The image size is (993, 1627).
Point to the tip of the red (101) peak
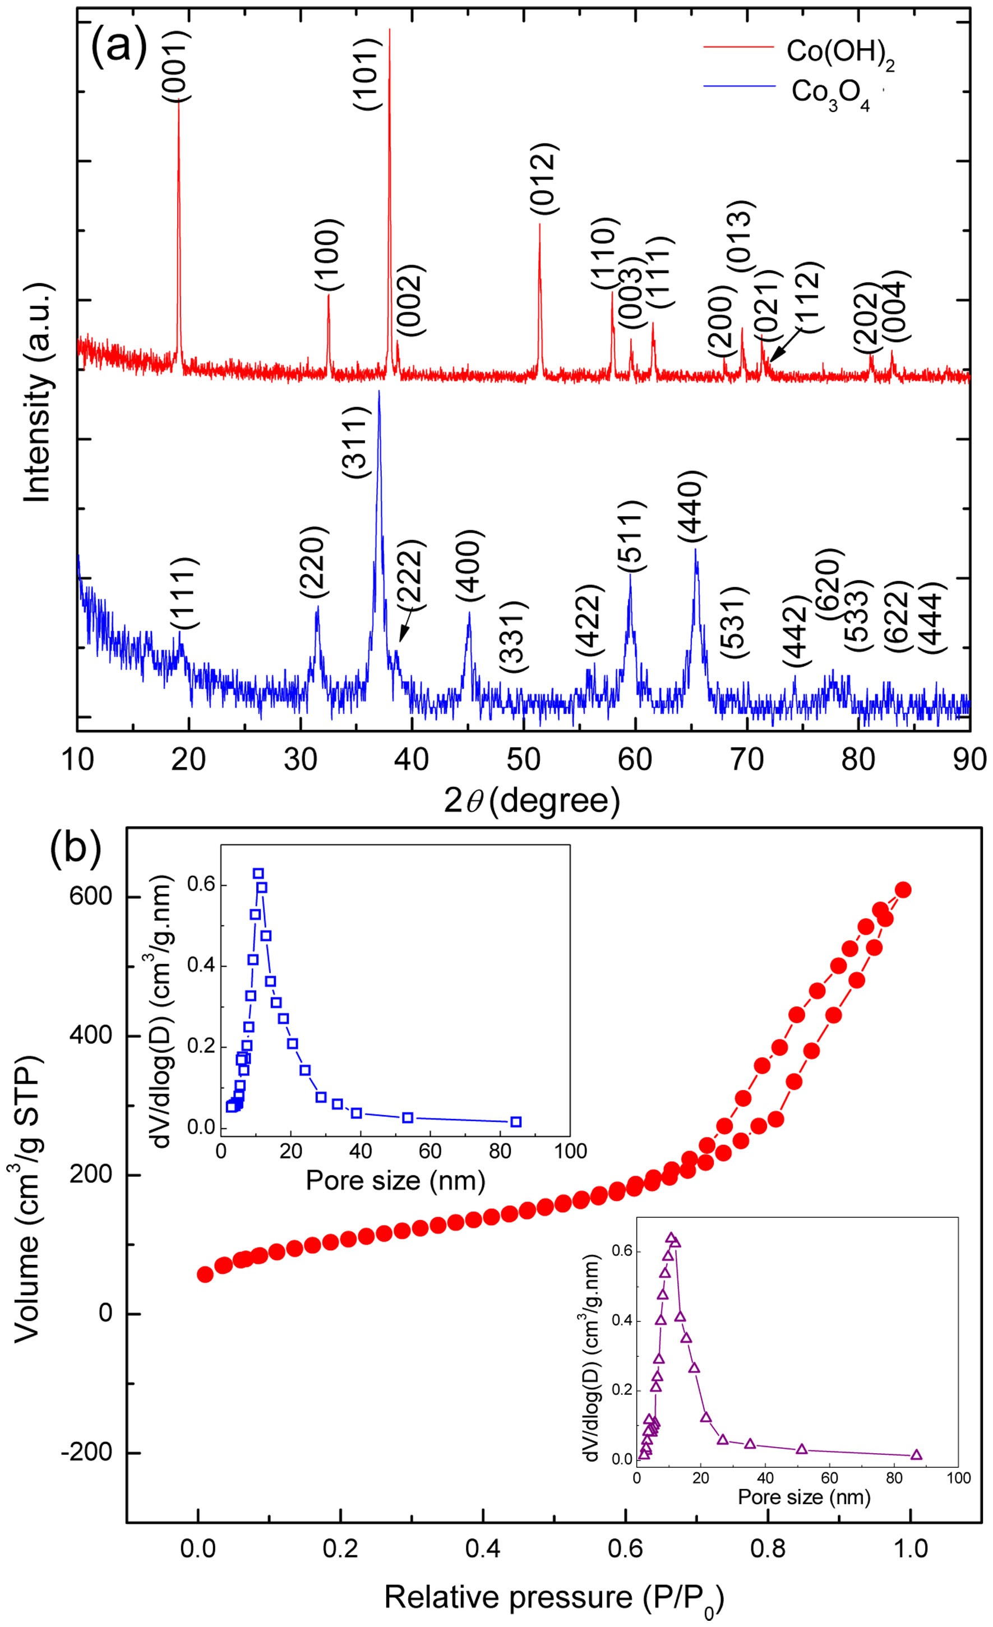click(390, 30)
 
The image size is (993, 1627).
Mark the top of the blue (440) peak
click(695, 549)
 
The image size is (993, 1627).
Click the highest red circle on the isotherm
click(903, 890)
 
